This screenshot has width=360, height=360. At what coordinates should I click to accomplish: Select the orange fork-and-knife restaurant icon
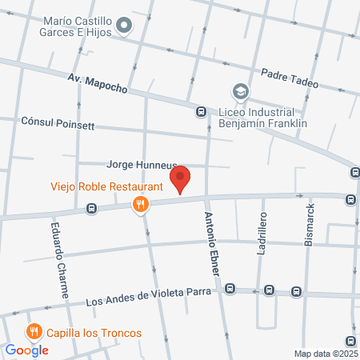pos(141,204)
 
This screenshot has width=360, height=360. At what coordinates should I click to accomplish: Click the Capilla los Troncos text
pos(94,333)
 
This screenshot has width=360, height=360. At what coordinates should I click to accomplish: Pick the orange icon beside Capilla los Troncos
pos(34,331)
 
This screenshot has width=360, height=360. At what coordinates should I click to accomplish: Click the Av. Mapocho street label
pos(98,82)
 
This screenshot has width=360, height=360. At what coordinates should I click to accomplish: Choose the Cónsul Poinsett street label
pos(58,125)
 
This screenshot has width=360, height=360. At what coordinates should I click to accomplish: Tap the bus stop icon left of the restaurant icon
pos(92,209)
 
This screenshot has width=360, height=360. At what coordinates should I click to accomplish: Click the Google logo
pos(26,350)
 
